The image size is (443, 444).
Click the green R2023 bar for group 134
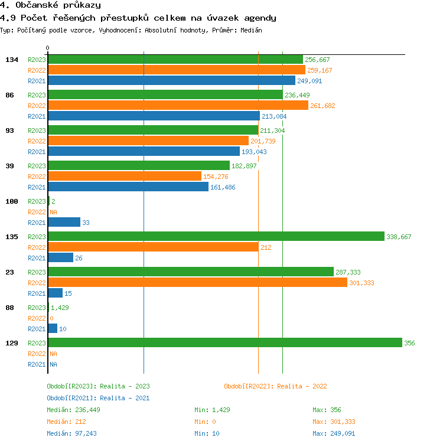(x=175, y=59)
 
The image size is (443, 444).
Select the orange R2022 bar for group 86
(x=178, y=105)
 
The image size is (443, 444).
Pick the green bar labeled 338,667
(x=216, y=236)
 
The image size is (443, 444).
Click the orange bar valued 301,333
(x=197, y=282)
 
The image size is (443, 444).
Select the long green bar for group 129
(x=224, y=342)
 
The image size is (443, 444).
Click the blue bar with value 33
(x=64, y=222)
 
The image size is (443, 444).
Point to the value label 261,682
(x=323, y=106)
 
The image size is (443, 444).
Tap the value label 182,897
(x=244, y=166)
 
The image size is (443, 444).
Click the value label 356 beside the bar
(x=409, y=343)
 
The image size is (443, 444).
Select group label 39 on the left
(x=9, y=166)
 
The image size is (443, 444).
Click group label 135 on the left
(x=11, y=237)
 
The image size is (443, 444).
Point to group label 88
(x=9, y=308)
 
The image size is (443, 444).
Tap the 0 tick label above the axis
(x=48, y=48)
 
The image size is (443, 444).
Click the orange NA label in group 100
(x=53, y=212)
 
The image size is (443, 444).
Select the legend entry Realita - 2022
(x=275, y=386)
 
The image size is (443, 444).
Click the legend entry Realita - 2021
(x=98, y=398)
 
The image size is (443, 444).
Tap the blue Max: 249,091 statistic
(x=334, y=433)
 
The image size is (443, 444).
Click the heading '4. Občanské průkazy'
(x=50, y=5)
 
